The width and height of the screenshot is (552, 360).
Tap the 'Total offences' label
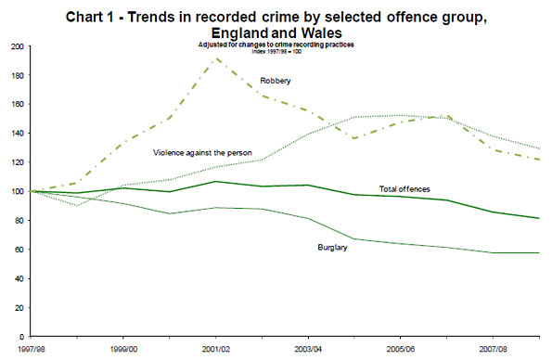point(404,188)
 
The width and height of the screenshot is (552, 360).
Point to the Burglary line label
point(333,246)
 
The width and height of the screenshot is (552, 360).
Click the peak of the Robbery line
point(215,59)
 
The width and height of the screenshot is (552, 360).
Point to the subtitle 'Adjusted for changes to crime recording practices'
point(278,45)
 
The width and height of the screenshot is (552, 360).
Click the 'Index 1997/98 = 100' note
point(278,52)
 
